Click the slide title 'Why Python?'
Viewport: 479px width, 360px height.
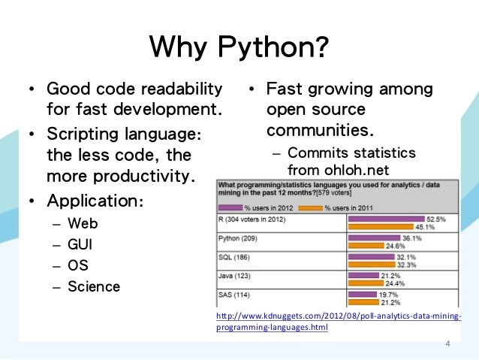point(239,47)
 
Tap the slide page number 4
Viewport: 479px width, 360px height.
point(448,344)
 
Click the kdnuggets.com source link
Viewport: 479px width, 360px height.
point(338,322)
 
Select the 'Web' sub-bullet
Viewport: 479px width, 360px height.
point(83,224)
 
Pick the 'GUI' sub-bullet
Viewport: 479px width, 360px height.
point(81,245)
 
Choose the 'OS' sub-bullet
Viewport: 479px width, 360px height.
point(78,265)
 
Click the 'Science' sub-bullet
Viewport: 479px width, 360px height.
point(94,286)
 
